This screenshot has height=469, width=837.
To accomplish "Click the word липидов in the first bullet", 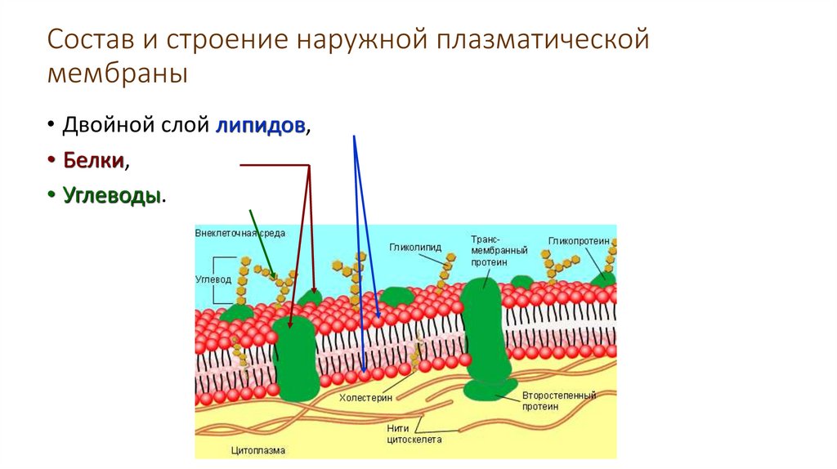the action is [262, 127].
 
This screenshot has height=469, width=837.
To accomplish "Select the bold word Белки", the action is [95, 162].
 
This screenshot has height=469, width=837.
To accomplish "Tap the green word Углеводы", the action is [111, 197].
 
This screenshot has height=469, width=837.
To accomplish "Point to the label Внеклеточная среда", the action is [239, 233].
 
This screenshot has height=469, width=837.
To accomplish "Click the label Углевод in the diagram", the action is [213, 279].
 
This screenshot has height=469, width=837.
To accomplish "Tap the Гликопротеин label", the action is [580, 241].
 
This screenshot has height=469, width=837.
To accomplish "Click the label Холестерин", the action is [365, 398].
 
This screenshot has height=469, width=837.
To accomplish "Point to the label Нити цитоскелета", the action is [414, 432].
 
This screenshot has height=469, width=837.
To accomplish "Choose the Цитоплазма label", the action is [258, 449].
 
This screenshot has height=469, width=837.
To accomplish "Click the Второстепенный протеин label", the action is [559, 400].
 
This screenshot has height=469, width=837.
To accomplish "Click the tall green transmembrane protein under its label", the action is [484, 327].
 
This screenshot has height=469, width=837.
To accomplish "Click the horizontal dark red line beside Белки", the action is [274, 166].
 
